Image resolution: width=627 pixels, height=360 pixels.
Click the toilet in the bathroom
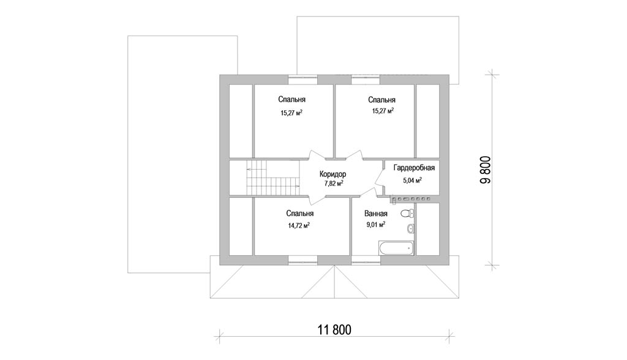pyautogui.click(x=407, y=214)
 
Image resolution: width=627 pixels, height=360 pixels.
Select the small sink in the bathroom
pyautogui.click(x=410, y=229)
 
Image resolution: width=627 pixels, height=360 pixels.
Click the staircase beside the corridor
pyautogui.click(x=272, y=178)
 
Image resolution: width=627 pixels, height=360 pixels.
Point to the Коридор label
pyautogui.click(x=332, y=174)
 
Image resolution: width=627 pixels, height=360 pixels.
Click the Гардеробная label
pyautogui.click(x=414, y=168)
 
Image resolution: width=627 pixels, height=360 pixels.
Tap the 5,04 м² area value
pyautogui.click(x=413, y=181)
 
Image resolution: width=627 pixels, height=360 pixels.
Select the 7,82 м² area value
pyautogui.click(x=334, y=183)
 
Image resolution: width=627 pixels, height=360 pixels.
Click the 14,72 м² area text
pyautogui.click(x=299, y=225)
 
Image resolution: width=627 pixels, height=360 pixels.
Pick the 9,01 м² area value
pyautogui.click(x=376, y=225)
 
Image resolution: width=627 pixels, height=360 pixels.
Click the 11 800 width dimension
pyautogui.click(x=334, y=330)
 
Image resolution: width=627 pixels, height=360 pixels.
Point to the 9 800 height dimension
pyautogui.click(x=485, y=170)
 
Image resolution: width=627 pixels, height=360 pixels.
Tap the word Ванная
pyautogui.click(x=376, y=214)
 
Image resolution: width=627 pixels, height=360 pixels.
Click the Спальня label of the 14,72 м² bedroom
pyautogui.click(x=300, y=214)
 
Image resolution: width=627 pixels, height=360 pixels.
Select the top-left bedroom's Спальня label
pyautogui.click(x=292, y=100)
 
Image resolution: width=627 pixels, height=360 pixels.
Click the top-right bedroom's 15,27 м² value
pyautogui.click(x=383, y=111)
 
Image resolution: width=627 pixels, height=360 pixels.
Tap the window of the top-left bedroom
pyautogui.click(x=303, y=80)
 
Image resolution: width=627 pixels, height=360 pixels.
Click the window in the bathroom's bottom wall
pyautogui.click(x=366, y=260)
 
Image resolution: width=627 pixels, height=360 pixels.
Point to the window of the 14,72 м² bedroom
pyautogui.click(x=303, y=260)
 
